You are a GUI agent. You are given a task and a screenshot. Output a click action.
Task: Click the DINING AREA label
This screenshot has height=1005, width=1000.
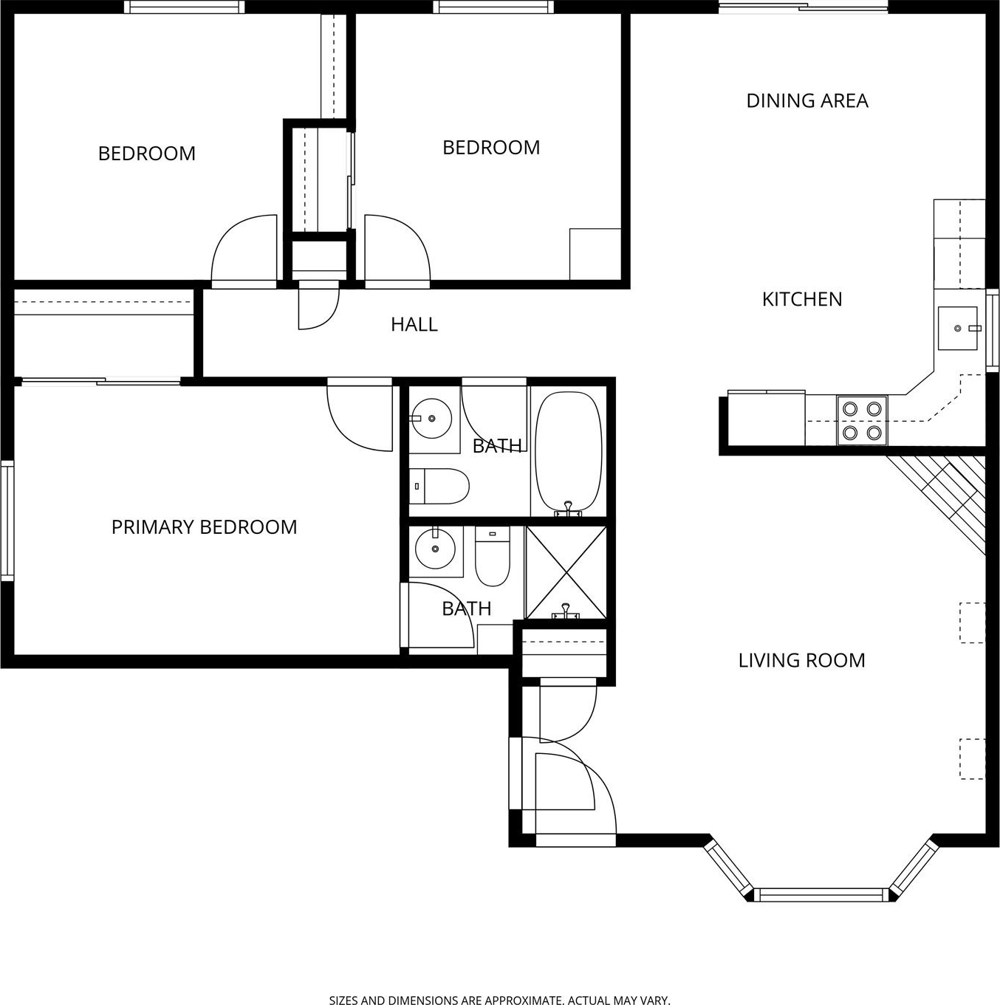point(807,100)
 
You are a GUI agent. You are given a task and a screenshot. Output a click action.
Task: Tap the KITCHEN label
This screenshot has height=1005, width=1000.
point(802,299)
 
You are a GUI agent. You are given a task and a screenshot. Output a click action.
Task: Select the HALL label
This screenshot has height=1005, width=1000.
point(414,324)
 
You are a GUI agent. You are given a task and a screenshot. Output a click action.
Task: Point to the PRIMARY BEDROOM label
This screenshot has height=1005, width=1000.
point(204,527)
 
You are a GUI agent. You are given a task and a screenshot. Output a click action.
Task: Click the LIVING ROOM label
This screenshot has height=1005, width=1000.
point(802,661)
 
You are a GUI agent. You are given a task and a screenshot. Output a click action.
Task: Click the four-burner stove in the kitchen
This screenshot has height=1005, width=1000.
point(863,420)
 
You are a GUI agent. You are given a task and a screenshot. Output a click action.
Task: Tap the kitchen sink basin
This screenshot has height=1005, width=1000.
point(958,328)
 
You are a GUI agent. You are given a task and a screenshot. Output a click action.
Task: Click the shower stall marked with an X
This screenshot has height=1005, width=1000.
point(566,573)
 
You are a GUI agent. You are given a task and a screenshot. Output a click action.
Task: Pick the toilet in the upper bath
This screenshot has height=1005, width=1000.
point(439,486)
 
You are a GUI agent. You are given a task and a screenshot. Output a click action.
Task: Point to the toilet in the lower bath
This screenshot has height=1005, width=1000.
point(493,556)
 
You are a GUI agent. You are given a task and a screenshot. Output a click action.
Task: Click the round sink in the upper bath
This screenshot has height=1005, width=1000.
point(431,418)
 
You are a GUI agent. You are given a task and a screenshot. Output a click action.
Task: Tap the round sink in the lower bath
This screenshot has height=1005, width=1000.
point(435,548)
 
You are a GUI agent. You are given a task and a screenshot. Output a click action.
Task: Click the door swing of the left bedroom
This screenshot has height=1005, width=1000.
point(244,251)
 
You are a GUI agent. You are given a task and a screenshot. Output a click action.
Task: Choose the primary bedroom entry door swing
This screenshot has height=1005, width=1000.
point(360,414)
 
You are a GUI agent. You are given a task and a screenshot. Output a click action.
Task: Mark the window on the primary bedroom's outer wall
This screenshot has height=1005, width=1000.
point(7,520)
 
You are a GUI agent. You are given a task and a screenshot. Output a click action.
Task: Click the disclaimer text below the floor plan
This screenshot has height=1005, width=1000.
point(499,1000)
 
